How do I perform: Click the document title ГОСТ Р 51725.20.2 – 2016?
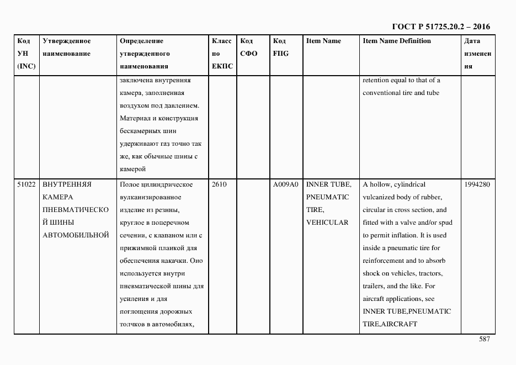coord(440,27)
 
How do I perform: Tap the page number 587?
coord(484,340)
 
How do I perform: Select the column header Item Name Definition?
coord(397,41)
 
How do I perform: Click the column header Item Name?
coord(323,41)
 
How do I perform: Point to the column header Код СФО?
coord(249,47)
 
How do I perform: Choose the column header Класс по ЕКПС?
coord(222,54)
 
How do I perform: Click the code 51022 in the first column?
coord(26,184)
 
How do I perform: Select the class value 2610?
coord(219,184)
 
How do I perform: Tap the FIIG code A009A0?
coord(285,184)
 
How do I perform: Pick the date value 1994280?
coord(477,184)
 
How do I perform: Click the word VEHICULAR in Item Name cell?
coord(327,223)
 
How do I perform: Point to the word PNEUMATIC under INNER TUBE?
coord(327,197)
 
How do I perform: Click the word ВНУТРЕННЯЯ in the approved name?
coord(67,184)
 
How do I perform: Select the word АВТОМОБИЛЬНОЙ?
coord(75,235)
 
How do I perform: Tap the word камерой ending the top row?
coord(132,169)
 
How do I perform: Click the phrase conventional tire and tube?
coord(401,93)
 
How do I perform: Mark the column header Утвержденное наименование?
coord(66,47)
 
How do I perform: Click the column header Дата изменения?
coord(476,54)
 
